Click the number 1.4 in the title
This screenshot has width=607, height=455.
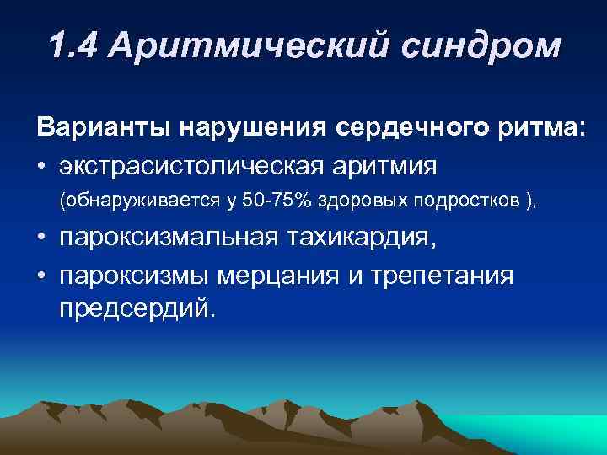click(x=78, y=47)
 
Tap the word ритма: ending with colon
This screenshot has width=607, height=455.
click(x=535, y=130)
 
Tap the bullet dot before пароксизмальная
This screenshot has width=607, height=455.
click(x=42, y=239)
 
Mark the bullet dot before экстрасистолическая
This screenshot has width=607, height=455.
click(x=42, y=166)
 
